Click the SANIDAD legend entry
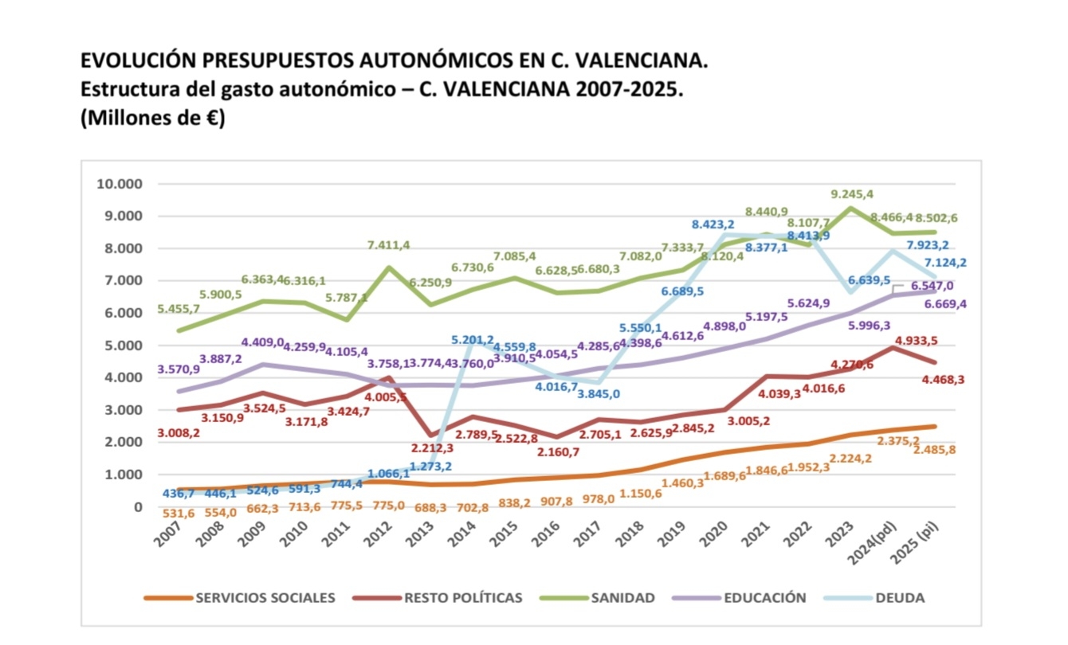tap(622, 598)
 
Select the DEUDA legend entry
tap(901, 598)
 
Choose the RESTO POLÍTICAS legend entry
tap(463, 598)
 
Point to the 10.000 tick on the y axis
tap(119, 184)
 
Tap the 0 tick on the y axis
tap(137, 506)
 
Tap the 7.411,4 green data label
tap(388, 244)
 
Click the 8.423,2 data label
tap(713, 225)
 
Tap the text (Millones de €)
tap(152, 119)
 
